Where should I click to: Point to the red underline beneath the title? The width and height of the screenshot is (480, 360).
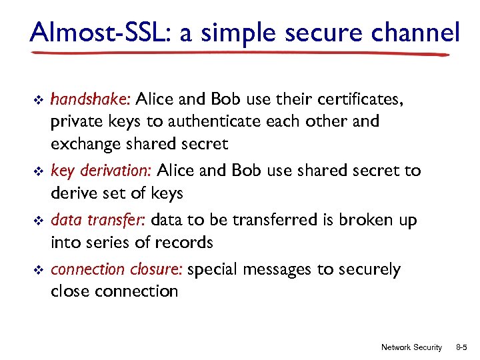tap(240, 53)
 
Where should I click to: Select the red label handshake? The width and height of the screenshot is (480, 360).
tap(91, 100)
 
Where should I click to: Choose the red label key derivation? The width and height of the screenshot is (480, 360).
tap(102, 171)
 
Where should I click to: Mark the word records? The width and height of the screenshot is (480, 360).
tap(182, 242)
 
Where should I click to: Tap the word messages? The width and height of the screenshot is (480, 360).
tap(275, 269)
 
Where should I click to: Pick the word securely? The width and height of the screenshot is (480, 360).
tap(369, 269)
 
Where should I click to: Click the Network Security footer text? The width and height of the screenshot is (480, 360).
tap(411, 347)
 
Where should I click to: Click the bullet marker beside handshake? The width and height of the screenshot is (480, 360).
tap(38, 100)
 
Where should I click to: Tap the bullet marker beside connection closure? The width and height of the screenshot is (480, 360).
tap(38, 270)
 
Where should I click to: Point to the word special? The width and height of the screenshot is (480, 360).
tap(213, 269)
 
